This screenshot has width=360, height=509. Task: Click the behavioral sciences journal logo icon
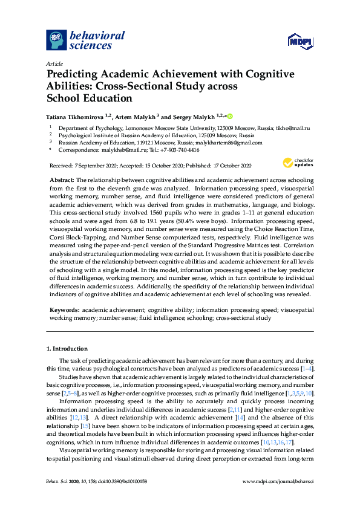[57, 40]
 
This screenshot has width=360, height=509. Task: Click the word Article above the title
[54, 63]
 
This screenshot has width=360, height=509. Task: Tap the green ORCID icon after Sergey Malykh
[230, 115]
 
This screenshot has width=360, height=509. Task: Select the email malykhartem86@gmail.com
[233, 143]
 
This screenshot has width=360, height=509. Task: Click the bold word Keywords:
[65, 309]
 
